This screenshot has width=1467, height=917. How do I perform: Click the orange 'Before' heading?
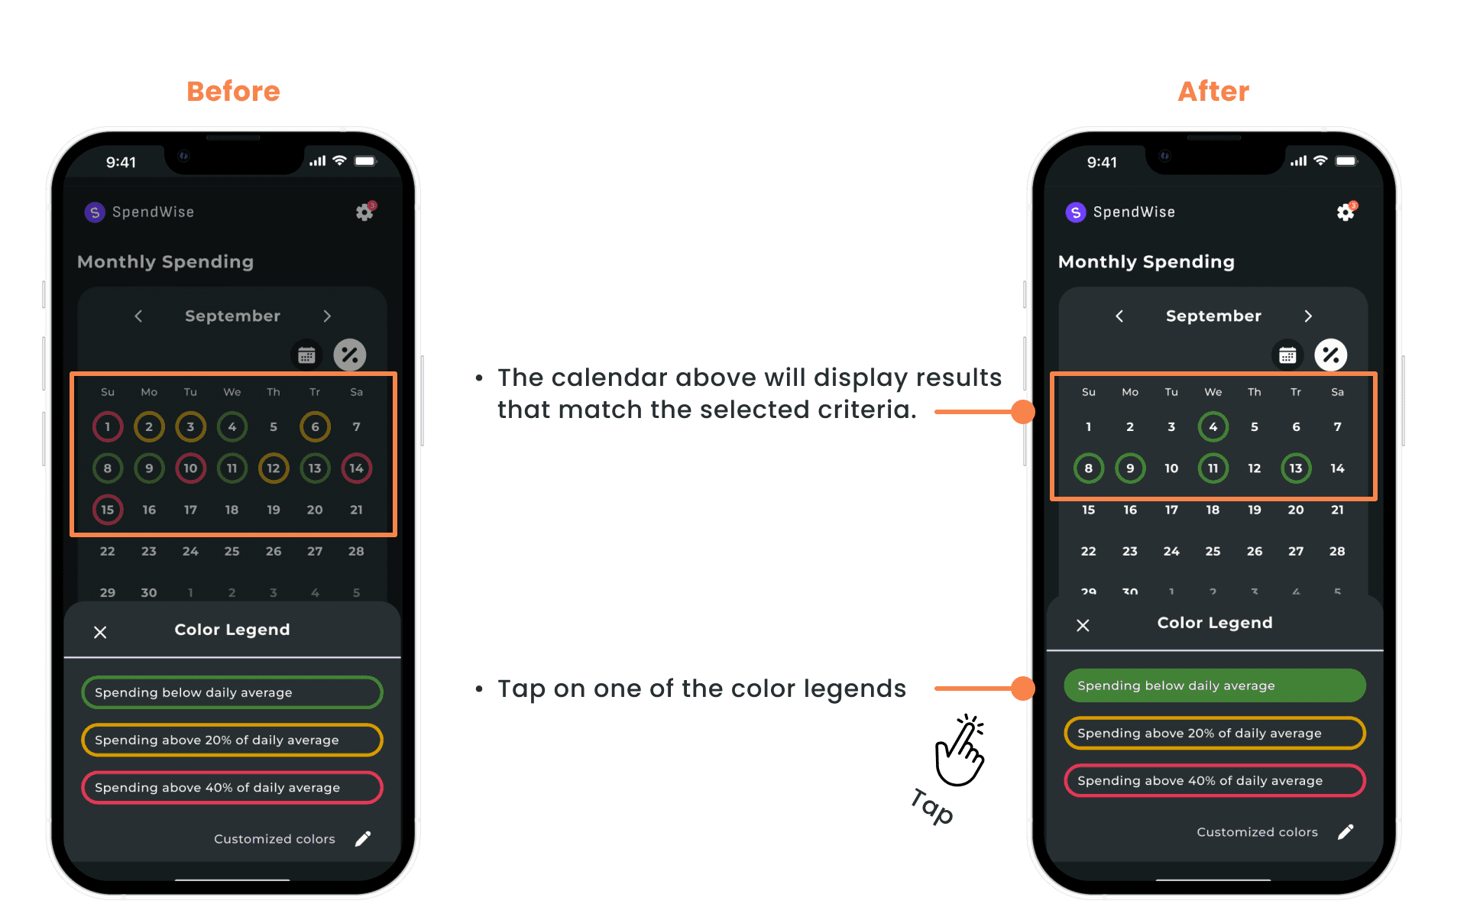point(233,92)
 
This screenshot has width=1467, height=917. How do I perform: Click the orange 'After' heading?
point(1213,92)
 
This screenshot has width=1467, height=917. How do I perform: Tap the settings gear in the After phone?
point(1346,212)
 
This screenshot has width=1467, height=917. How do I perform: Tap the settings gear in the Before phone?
point(365,212)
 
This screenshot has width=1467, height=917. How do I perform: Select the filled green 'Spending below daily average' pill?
point(1214,685)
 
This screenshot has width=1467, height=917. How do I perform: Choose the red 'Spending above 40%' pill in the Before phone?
point(232,787)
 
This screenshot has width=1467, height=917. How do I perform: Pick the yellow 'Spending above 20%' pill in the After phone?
point(1214,733)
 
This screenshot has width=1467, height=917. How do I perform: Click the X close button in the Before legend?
point(100,632)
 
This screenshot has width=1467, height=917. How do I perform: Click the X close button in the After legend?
point(1083,625)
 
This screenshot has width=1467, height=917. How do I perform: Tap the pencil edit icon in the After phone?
point(1346,831)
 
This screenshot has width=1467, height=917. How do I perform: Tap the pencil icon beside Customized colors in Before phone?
point(364,838)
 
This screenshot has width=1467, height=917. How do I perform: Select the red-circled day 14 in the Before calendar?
point(356,468)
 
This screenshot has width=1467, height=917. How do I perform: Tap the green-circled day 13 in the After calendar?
point(1296,468)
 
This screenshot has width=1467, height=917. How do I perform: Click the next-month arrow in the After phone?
point(1308,316)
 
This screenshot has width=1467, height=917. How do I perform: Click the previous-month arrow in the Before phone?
point(138,316)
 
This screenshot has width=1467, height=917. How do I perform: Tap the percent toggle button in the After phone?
point(1331,355)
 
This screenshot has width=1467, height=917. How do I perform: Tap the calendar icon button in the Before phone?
point(306,355)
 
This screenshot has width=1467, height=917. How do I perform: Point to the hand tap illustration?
point(960,750)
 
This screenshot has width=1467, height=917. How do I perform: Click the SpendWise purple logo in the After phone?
point(1076,212)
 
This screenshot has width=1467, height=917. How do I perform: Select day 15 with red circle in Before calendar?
point(108,509)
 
